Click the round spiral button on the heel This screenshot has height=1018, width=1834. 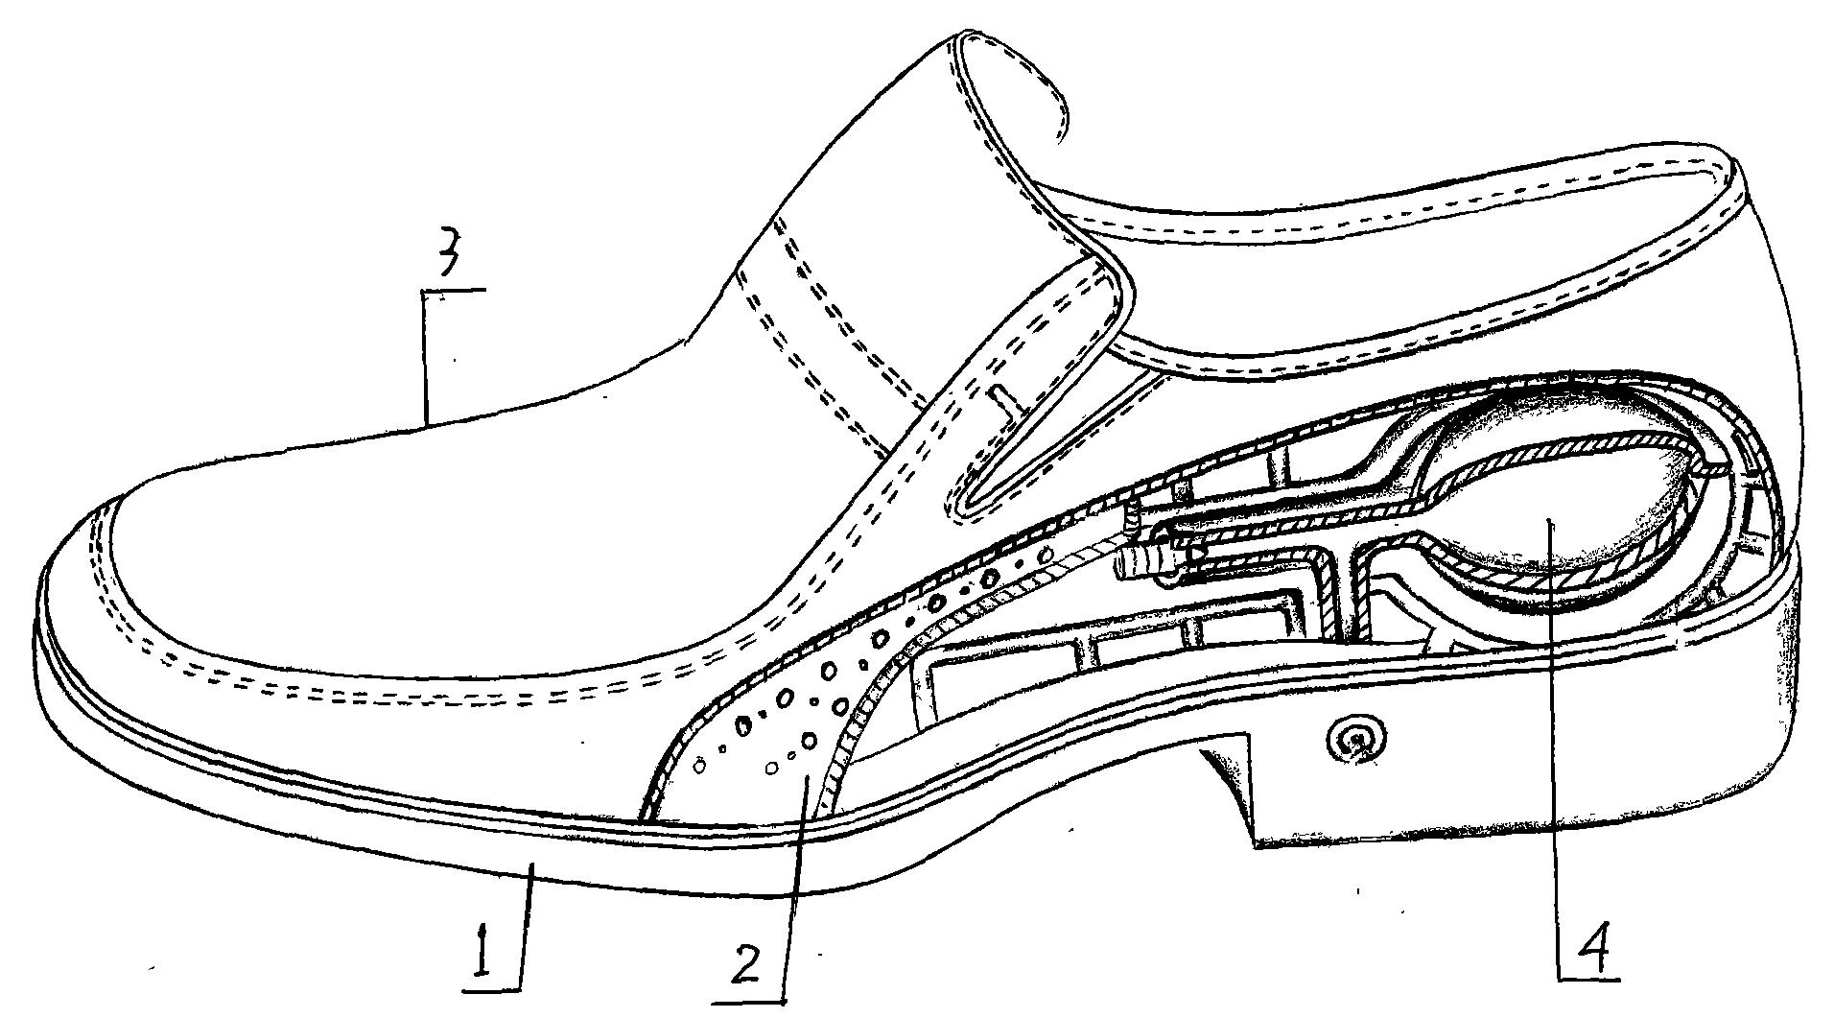[1354, 738]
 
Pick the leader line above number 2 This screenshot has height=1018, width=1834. [797, 883]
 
